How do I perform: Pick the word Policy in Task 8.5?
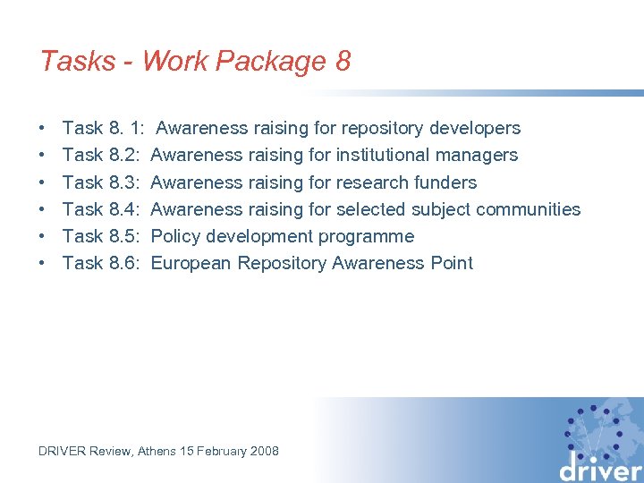coord(175,236)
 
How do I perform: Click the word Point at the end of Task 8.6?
coord(451,263)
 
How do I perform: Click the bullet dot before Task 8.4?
coord(43,209)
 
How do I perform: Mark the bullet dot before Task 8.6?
coord(43,263)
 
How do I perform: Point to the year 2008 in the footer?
coord(264,451)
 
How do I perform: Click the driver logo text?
coord(601,468)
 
